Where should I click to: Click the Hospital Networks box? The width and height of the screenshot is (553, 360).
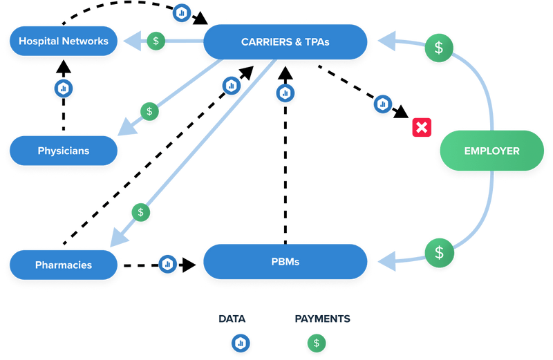click(64, 41)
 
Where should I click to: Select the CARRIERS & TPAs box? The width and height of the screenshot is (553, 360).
click(285, 42)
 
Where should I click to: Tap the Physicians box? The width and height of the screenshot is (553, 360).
click(64, 151)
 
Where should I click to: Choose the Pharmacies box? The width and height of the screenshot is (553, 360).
click(64, 265)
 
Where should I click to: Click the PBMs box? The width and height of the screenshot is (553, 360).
click(284, 263)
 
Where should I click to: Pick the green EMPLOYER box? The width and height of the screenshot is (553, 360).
click(491, 151)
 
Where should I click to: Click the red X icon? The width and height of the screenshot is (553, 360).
click(421, 127)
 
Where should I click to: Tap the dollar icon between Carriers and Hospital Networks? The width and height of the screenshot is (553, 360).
click(156, 41)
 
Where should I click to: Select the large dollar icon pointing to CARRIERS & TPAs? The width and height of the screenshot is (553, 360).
click(438, 48)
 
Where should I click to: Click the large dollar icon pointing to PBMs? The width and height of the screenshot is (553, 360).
click(438, 252)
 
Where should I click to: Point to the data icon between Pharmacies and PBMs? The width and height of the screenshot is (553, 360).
click(167, 264)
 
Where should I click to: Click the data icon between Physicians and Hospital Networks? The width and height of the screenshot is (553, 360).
click(64, 88)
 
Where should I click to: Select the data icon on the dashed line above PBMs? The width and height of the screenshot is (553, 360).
click(285, 92)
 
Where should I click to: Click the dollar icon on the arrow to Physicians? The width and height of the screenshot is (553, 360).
click(149, 111)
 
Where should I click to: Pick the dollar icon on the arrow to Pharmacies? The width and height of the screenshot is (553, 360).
click(141, 211)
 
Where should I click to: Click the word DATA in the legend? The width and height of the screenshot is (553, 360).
click(232, 319)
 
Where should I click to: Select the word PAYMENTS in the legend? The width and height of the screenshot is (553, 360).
click(322, 319)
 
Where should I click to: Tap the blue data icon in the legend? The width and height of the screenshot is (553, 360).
click(241, 342)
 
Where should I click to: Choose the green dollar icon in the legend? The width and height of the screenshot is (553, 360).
click(317, 342)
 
